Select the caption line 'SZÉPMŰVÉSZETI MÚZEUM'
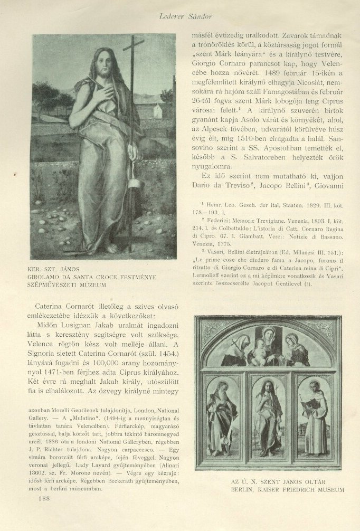67,285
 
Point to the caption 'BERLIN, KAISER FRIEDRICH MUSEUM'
287,489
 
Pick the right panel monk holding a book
316,417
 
